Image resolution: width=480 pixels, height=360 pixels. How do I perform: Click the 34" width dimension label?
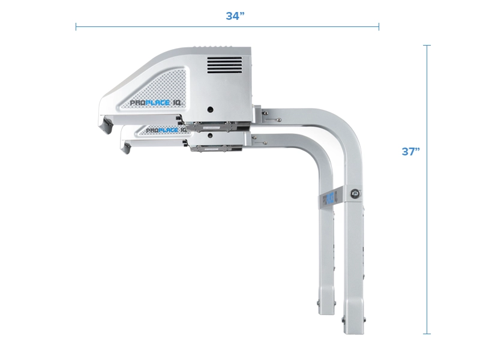pos(235,16)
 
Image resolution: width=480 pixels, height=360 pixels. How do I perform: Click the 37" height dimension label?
pos(410,151)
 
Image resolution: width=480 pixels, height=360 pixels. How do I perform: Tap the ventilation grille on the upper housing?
pos(226,65)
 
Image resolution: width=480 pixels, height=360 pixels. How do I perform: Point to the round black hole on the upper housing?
pos(210,110)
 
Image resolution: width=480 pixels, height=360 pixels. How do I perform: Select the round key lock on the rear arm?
pos(355,193)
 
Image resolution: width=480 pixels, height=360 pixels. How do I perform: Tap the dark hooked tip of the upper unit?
pos(106,125)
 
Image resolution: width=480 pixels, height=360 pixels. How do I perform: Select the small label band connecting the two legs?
pos(330,198)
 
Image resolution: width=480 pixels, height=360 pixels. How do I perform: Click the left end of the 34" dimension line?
pos(76,26)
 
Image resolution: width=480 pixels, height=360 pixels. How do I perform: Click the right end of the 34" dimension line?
pos(379,26)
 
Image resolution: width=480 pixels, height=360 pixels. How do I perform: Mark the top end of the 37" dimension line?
pos(427,46)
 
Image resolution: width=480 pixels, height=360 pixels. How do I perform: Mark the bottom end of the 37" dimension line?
pos(427,334)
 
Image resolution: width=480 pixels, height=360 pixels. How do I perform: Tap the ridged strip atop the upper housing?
pos(219,49)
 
